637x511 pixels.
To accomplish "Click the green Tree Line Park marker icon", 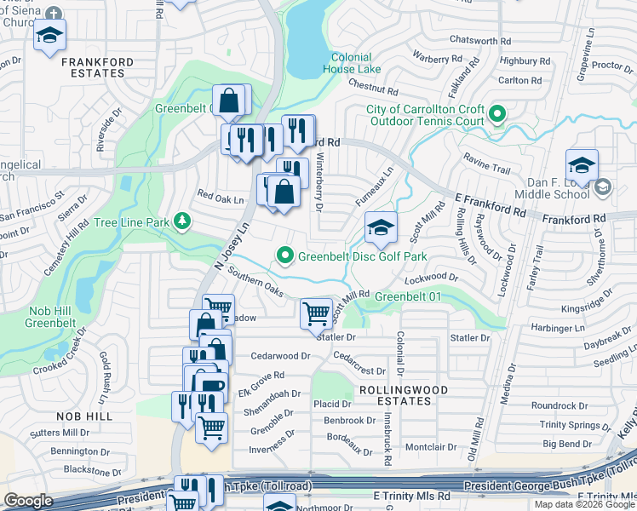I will click(x=181, y=221).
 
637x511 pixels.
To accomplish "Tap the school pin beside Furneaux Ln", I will click(x=381, y=227).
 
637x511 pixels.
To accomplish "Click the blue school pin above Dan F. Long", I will click(x=582, y=165).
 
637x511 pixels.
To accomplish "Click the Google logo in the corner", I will click(x=28, y=501).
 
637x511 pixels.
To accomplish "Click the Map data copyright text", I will click(x=583, y=504).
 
